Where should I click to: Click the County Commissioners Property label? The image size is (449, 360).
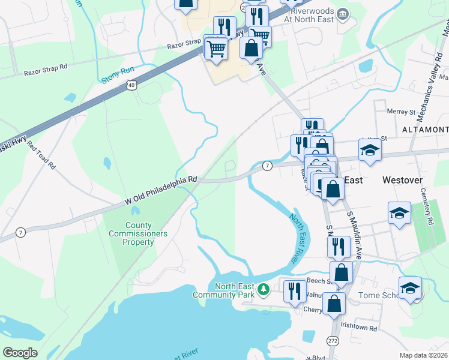[138, 234]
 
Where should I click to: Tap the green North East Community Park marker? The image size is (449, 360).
[263, 290]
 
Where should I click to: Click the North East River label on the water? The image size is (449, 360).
[297, 238]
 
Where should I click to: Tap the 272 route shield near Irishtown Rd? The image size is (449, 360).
[333, 340]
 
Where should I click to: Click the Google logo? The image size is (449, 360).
[20, 353]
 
